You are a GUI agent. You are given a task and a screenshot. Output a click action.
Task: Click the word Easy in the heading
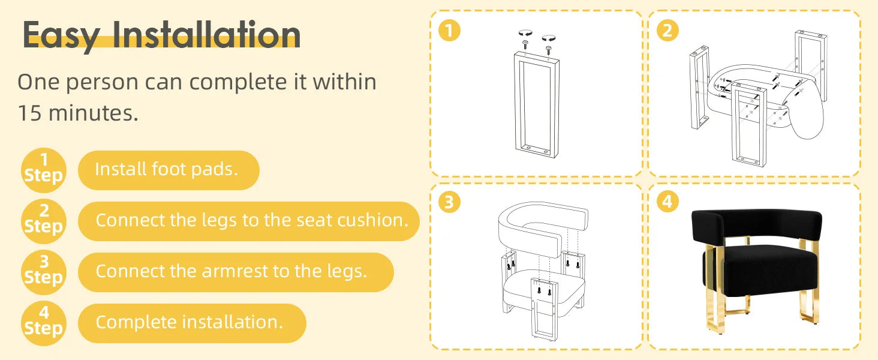coord(61,35)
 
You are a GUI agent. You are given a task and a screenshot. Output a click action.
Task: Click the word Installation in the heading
coord(206,35)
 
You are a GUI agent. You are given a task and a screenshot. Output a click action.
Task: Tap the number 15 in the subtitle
coord(29,113)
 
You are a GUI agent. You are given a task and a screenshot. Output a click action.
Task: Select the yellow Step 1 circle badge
coord(44,170)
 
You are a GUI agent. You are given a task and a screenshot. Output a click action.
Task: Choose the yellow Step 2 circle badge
coord(44,221)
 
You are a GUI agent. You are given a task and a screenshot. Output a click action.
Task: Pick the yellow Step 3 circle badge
coord(44,272)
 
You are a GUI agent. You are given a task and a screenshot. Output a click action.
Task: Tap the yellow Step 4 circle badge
coord(44,323)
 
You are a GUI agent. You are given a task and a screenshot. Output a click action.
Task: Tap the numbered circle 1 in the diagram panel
coord(449,30)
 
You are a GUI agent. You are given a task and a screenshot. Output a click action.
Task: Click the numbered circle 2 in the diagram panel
coord(667,30)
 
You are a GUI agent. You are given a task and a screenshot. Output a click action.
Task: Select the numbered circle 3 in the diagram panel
coord(449,202)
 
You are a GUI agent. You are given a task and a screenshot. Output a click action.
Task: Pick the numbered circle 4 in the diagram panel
coord(667,202)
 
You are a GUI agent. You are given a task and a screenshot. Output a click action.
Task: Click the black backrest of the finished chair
coord(756,224)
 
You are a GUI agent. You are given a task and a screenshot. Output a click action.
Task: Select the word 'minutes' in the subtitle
coord(94,113)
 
